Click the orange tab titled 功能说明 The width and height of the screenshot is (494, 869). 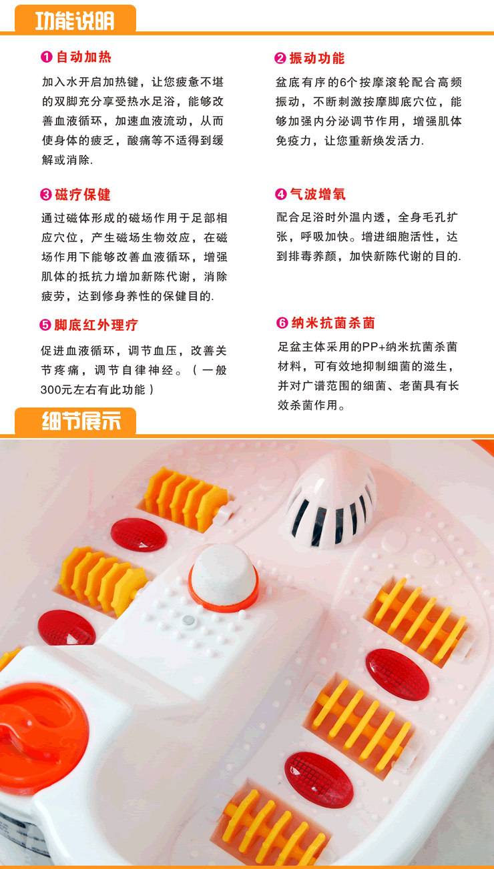[x=75, y=19]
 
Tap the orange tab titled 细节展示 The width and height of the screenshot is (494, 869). [x=75, y=421]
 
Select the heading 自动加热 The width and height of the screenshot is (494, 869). [x=84, y=57]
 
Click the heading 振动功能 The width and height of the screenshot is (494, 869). [x=317, y=58]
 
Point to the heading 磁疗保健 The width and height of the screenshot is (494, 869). [x=83, y=194]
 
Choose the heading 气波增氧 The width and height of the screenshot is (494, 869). [x=318, y=194]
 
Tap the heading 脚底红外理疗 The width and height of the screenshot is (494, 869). [x=96, y=325]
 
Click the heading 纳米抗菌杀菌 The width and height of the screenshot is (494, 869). [x=333, y=323]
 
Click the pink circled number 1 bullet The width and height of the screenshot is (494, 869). [x=47, y=57]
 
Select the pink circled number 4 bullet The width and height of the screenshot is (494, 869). [x=281, y=194]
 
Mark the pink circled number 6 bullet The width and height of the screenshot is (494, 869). [x=282, y=323]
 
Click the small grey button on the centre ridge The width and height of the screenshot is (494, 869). [x=189, y=620]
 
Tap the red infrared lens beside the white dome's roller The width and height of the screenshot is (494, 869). [x=139, y=535]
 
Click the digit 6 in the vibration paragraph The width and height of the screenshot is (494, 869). [x=343, y=82]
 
